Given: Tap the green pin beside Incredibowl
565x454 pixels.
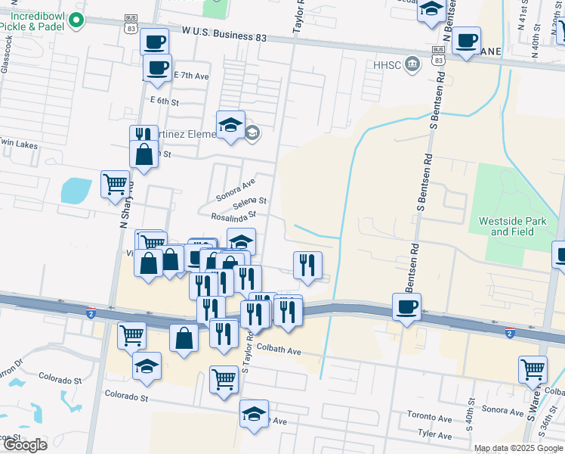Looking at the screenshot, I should (x=76, y=21).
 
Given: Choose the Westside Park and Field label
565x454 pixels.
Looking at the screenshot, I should (x=512, y=226).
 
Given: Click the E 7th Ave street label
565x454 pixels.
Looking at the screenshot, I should (x=191, y=76).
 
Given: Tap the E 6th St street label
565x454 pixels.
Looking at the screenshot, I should (x=165, y=101).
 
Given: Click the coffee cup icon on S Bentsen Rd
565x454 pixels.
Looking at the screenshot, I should (x=406, y=306).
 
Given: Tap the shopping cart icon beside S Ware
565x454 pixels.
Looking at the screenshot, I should (x=533, y=369).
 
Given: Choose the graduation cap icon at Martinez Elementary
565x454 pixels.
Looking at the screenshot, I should (x=230, y=124).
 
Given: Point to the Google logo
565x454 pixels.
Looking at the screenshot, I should (x=24, y=445).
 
